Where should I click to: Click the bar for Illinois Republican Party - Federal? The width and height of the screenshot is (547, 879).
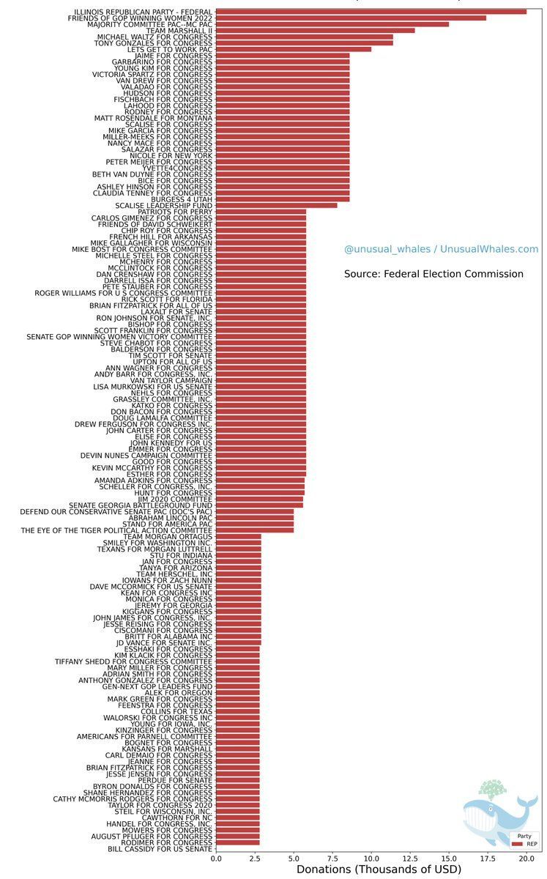(371, 12)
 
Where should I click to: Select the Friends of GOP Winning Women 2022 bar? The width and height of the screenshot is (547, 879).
(351, 18)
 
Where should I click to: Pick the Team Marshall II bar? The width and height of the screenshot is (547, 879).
(315, 30)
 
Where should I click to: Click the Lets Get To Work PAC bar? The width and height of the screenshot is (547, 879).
(294, 49)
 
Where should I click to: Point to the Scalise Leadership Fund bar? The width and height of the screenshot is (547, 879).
(276, 205)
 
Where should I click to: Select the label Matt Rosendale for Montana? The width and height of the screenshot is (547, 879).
(154, 118)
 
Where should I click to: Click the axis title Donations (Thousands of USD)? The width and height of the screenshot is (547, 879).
(379, 869)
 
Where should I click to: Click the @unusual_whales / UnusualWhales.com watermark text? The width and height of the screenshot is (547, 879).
(441, 250)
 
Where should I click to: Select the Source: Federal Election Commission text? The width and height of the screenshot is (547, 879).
(433, 274)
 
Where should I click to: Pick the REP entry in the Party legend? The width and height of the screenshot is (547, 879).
(525, 844)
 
